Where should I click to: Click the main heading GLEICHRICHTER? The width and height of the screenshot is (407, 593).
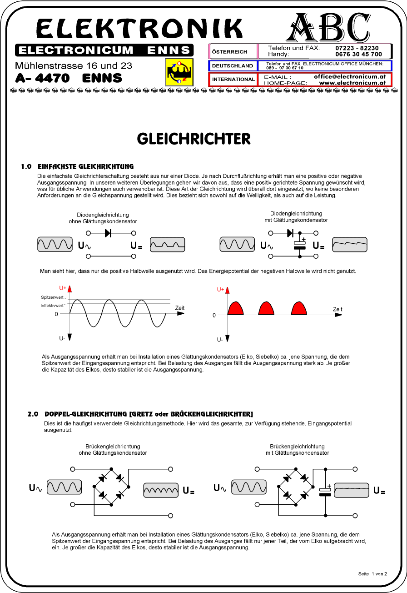(194, 139)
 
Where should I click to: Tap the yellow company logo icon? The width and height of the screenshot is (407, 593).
(179, 72)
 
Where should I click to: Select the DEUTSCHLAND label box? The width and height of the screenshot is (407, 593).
(233, 65)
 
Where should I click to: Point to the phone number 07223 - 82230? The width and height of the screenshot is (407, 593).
(357, 48)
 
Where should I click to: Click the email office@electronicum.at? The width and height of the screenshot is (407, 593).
(350, 77)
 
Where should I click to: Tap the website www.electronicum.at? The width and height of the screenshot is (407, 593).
(352, 83)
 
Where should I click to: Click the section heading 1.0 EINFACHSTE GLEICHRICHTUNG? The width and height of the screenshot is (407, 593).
(77, 167)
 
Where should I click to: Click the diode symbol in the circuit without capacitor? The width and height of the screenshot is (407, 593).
(108, 233)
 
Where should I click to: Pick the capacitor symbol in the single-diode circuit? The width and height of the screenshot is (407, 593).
(300, 244)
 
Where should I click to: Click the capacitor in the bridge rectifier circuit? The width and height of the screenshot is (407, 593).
(325, 491)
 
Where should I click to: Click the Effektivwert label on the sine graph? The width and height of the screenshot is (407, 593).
(52, 306)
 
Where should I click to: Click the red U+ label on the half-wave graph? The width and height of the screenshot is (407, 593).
(221, 289)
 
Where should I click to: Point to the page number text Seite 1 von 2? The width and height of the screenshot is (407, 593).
(372, 574)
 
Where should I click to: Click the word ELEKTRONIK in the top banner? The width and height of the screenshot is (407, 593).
(139, 29)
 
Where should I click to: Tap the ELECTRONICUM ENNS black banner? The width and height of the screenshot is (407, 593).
(104, 50)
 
